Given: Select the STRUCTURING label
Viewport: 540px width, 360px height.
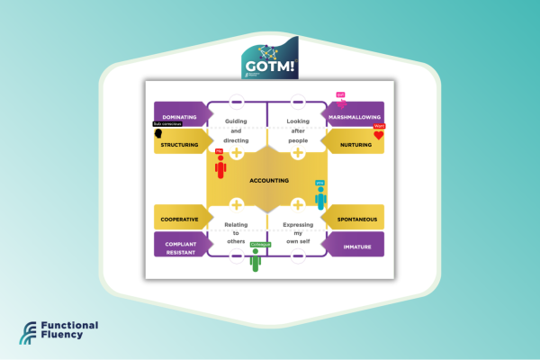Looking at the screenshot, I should [180, 144].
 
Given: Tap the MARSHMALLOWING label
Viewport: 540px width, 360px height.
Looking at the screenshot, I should [354, 117].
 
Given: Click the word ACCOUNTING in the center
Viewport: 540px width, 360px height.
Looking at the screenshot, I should [269, 180].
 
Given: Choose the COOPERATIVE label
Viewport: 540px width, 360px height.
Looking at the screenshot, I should [179, 219].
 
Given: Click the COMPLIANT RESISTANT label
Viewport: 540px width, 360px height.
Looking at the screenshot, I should [179, 245].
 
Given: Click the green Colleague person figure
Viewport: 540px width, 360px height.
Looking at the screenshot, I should [256, 261].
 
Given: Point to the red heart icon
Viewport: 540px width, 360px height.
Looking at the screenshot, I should [379, 136].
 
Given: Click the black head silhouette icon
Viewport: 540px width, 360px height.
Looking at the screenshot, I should [159, 134].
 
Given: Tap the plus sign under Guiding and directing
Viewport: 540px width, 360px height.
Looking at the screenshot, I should [237, 153].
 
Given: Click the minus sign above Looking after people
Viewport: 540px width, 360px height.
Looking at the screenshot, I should [298, 101].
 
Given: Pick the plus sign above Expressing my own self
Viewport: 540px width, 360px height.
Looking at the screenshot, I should [298, 204].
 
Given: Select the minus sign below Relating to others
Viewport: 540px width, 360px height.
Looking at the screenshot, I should [237, 256].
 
